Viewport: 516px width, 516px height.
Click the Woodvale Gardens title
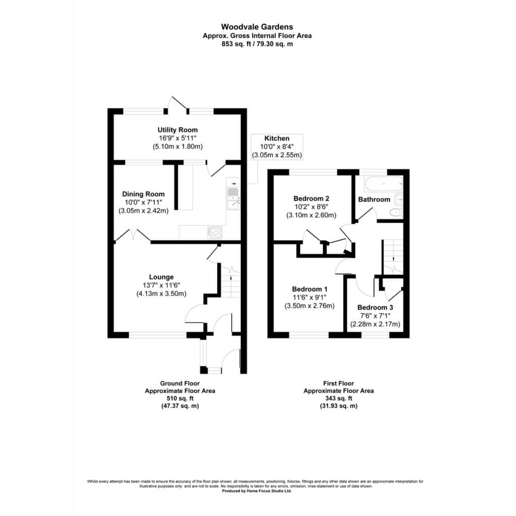[x=257, y=27]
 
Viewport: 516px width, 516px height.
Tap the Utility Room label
[x=178, y=130]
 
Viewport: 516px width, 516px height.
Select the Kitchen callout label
[x=277, y=138]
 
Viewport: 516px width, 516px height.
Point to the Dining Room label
[x=144, y=194]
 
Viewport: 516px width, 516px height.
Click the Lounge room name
[x=161, y=277]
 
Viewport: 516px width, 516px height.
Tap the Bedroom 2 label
[x=311, y=199]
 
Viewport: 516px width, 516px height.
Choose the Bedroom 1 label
[x=310, y=289]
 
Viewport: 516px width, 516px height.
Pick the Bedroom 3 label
[x=375, y=307]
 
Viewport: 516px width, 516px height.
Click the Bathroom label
[x=374, y=200]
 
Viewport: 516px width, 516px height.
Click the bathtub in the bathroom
[x=383, y=184]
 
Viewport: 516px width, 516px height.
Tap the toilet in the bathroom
[x=396, y=212]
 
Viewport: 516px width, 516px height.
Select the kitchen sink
[x=233, y=199]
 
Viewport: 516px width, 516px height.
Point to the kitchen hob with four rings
[x=215, y=233]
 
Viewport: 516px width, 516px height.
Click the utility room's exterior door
[x=178, y=104]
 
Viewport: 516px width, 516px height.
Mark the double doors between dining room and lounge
[x=133, y=236]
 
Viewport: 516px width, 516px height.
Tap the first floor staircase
[x=393, y=257]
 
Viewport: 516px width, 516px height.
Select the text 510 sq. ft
[x=180, y=399]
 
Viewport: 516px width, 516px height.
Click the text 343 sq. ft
[x=339, y=399]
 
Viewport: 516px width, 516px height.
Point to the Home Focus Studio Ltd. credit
[x=257, y=491]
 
